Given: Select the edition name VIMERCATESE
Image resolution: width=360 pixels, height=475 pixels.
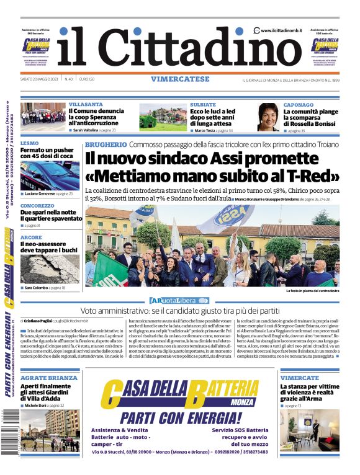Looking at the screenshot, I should (x=179, y=79).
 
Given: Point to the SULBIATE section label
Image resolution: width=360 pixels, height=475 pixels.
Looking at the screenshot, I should (x=203, y=105).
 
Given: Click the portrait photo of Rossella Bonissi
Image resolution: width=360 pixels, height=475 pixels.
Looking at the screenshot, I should (x=268, y=117).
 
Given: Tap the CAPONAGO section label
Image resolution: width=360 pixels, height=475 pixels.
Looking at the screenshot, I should (x=299, y=105).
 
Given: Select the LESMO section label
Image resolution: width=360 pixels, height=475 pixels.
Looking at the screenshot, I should (x=30, y=143).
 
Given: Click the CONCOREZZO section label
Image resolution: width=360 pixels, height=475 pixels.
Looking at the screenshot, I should (x=37, y=205).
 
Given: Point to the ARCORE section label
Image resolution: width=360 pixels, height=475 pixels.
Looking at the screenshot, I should (x=31, y=238).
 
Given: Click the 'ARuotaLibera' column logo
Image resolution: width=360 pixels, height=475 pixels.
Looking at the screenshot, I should (x=179, y=301).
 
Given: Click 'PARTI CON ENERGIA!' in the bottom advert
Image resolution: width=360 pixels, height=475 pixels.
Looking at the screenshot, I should (x=180, y=417).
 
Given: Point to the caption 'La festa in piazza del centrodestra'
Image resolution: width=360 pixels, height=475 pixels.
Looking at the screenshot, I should (x=313, y=290).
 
